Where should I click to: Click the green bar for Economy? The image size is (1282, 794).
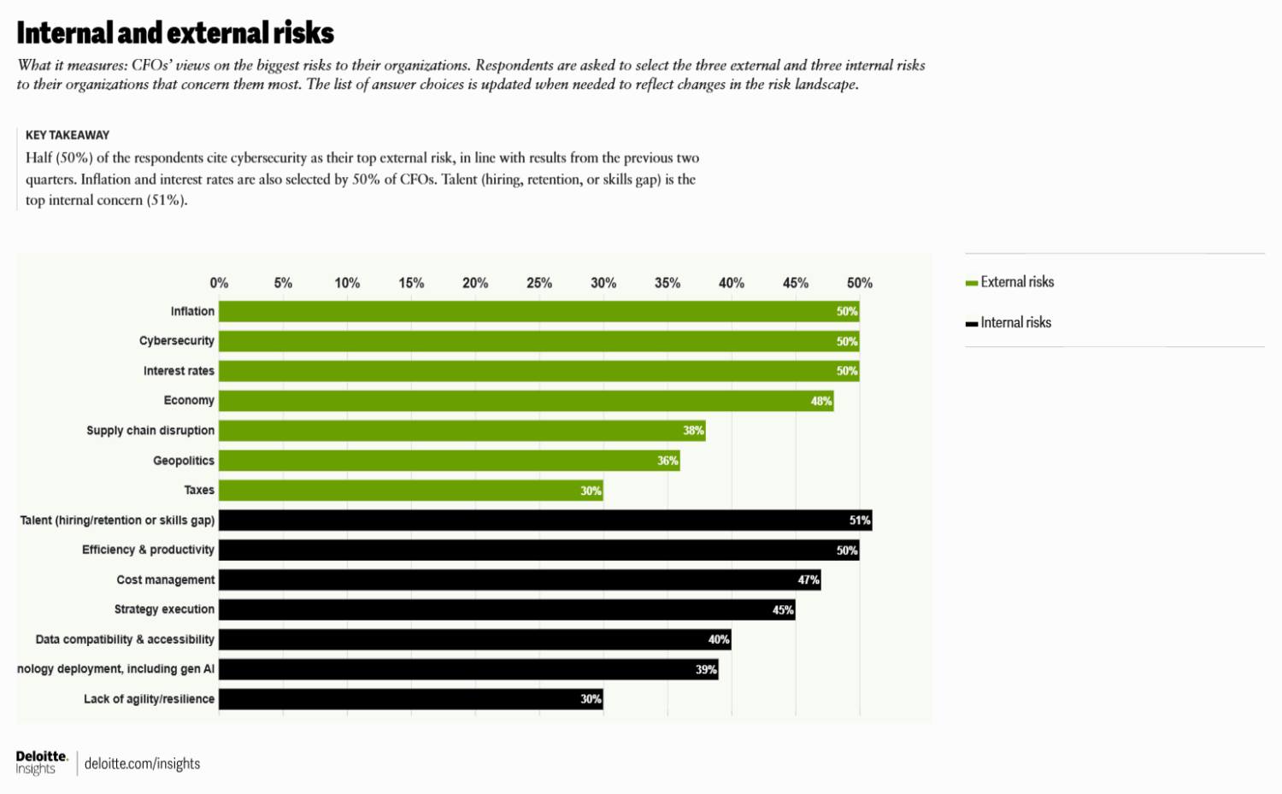[x=526, y=401]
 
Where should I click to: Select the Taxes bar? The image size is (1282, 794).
[x=410, y=491]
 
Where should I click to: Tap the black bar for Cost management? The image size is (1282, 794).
[x=520, y=580]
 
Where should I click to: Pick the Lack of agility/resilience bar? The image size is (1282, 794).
[x=410, y=699]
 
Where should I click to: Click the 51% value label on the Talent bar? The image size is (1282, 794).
[x=859, y=521]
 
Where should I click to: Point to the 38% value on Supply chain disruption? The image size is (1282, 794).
[x=693, y=431]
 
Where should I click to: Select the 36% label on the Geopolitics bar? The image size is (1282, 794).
[x=667, y=461]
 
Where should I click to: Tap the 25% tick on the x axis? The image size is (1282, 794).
[x=539, y=283]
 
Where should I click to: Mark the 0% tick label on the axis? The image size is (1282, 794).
[x=219, y=283]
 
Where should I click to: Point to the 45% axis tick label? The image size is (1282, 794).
[x=796, y=283]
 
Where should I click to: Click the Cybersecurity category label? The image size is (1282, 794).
[x=177, y=341]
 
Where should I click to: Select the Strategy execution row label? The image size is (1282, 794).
[x=164, y=609]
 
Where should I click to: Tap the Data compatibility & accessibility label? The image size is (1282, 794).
[x=125, y=639]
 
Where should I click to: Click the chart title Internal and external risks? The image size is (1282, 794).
[x=175, y=32]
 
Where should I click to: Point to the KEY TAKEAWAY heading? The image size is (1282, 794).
[x=68, y=135]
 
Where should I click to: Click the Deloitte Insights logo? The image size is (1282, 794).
[x=41, y=762]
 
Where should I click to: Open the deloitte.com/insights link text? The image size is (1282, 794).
[x=142, y=764]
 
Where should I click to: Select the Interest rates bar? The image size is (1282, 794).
[x=538, y=371]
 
